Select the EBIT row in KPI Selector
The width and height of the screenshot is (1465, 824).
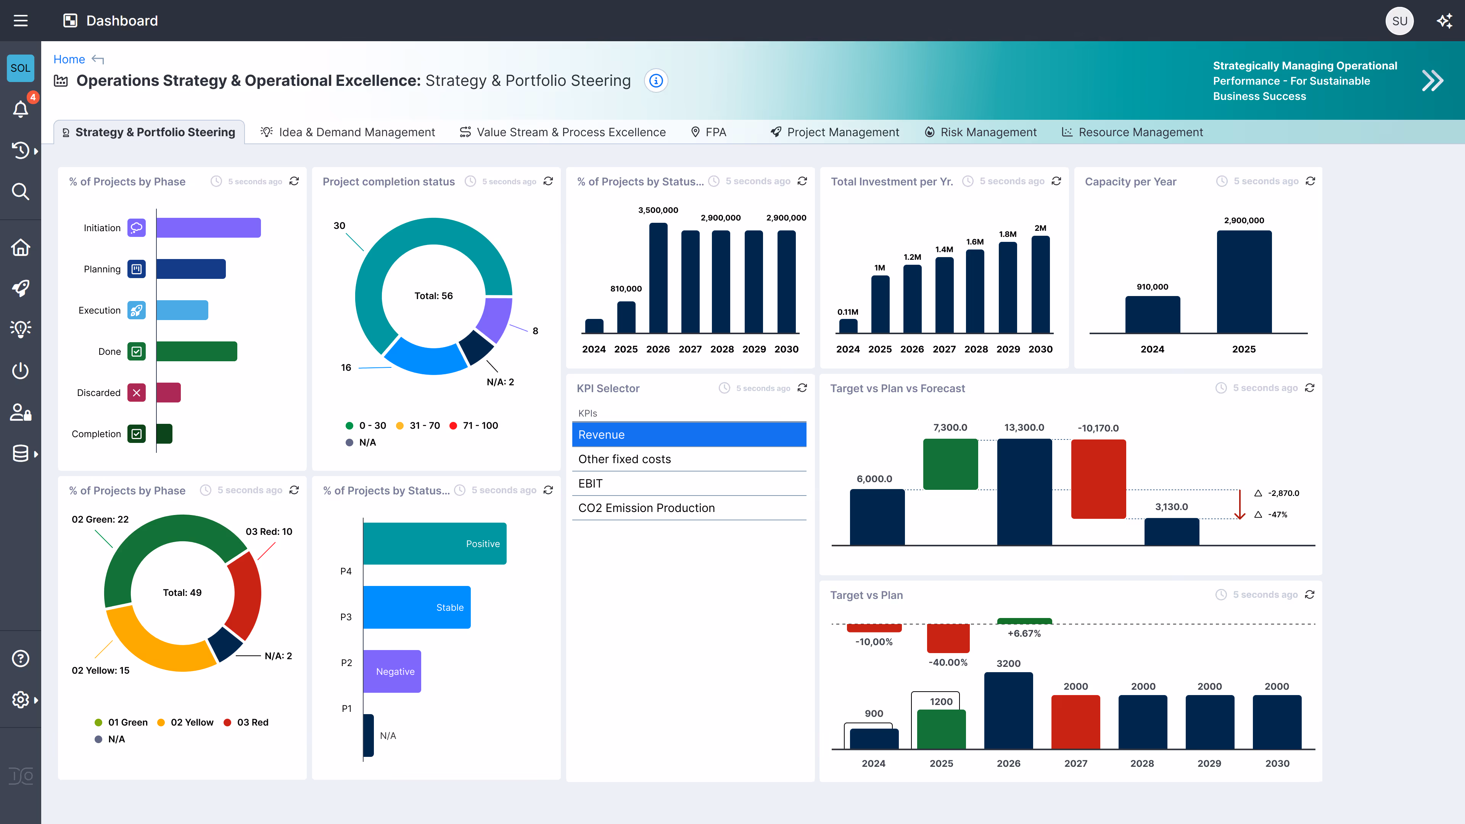coord(689,483)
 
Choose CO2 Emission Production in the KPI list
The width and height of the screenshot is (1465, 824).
coord(689,508)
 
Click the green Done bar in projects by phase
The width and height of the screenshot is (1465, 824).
coord(196,351)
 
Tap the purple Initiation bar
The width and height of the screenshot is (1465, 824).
coord(208,227)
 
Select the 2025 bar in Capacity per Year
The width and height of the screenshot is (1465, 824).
coord(1243,282)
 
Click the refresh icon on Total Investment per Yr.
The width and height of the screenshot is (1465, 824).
coord(1056,181)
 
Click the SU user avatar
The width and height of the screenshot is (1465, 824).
coord(1399,21)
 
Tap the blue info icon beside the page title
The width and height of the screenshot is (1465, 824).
coord(656,81)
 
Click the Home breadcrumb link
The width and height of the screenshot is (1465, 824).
coord(69,59)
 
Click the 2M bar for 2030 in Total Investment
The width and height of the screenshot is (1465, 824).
coord(1040,284)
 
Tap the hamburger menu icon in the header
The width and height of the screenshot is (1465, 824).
coord(21,21)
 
